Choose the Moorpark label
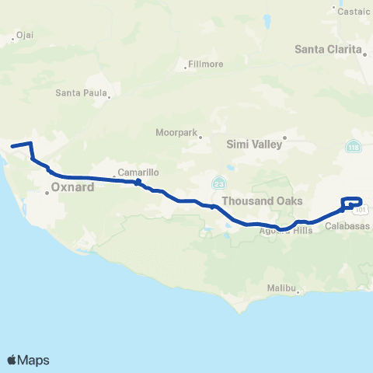click(x=177, y=132)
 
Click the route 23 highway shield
click(x=219, y=182)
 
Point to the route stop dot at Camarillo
click(x=138, y=183)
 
